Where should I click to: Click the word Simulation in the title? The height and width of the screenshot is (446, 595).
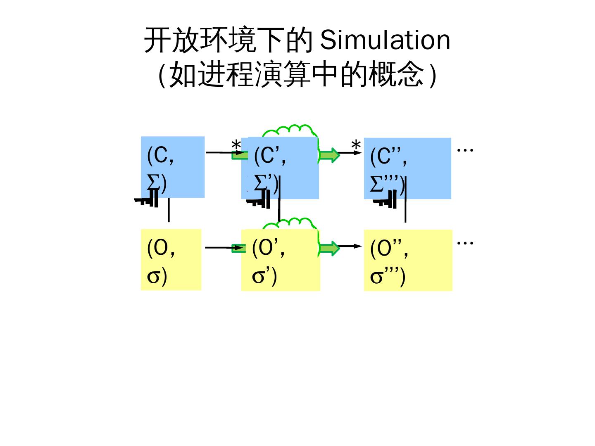coord(385,40)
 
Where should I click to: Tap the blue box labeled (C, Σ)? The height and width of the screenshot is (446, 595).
coord(173,167)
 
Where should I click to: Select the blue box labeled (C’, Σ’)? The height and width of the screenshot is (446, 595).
coord(280,168)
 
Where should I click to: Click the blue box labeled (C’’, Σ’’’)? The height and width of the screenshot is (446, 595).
coord(407,168)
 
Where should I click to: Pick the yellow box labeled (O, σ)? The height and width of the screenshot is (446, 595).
coord(171,260)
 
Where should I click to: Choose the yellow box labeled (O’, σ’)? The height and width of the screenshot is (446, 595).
coord(281,260)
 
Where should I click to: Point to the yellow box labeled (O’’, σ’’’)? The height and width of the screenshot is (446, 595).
coord(408,260)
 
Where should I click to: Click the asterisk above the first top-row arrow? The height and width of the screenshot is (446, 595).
coord(236,146)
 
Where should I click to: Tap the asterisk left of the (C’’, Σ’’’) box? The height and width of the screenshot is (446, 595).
coord(356,146)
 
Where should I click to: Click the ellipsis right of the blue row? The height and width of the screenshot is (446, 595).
coord(465,149)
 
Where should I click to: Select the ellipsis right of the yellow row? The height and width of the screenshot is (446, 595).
coord(465,242)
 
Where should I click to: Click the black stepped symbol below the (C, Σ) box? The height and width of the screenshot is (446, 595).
coord(147,202)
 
